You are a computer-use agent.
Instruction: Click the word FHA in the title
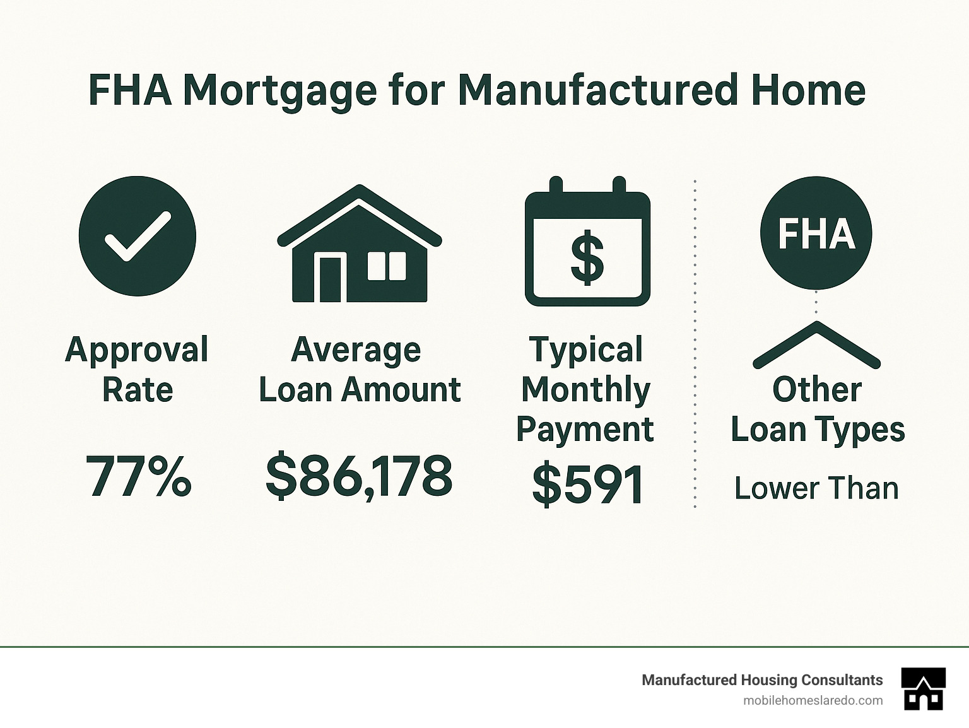click(x=130, y=90)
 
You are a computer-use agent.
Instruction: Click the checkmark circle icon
click(x=138, y=237)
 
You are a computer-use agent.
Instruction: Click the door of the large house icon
click(x=330, y=279)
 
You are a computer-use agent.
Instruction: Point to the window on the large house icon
click(x=387, y=266)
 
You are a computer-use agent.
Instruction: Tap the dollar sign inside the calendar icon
click(x=587, y=257)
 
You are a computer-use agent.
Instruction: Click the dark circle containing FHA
click(x=816, y=234)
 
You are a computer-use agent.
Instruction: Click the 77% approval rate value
click(x=138, y=477)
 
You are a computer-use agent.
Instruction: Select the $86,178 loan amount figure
click(x=359, y=477)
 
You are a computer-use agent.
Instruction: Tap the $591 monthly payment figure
click(x=587, y=484)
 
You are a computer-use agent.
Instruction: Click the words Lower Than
click(x=816, y=488)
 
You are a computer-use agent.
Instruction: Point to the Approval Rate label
click(x=137, y=369)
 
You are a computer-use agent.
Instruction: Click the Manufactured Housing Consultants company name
click(x=762, y=680)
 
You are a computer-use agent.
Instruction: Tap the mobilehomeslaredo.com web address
click(x=813, y=700)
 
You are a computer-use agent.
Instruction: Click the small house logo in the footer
click(x=924, y=689)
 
